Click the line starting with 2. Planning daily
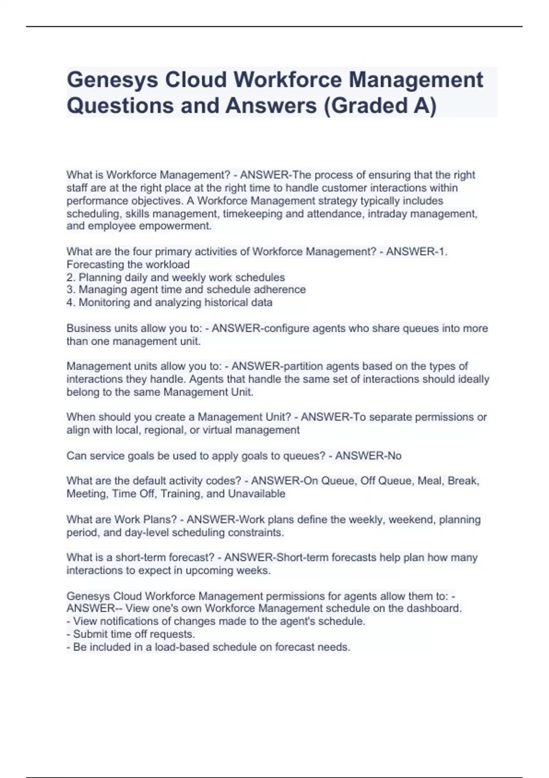point(176,277)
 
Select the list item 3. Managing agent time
point(186,290)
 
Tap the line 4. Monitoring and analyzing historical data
point(169,303)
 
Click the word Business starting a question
point(86,328)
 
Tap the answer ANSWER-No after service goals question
point(368,456)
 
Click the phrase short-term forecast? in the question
point(165,557)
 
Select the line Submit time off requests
point(134,634)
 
